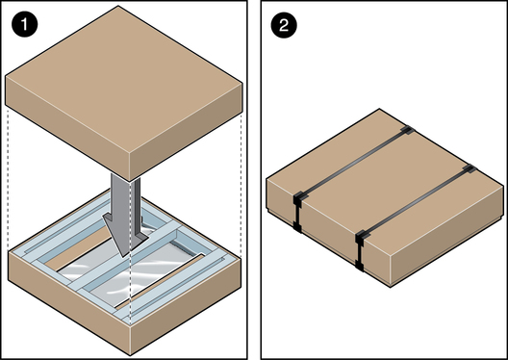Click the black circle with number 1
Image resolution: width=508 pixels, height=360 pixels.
[25, 25]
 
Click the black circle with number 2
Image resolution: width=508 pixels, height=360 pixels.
[284, 25]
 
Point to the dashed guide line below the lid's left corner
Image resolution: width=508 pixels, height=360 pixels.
[8, 179]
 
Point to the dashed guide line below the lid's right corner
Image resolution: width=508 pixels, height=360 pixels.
[241, 185]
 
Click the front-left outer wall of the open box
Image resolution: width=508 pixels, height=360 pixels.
[69, 303]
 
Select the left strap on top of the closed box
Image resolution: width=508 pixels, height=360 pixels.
[354, 163]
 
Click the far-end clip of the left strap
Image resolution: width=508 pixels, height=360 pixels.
[408, 130]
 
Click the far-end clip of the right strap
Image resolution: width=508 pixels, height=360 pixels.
[470, 168]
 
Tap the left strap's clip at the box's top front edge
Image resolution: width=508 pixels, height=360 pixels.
[298, 198]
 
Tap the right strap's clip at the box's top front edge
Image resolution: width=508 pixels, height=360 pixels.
[361, 238]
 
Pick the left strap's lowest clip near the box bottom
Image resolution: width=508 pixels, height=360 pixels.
[297, 227]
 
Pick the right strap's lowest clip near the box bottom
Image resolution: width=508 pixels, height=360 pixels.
[359, 266]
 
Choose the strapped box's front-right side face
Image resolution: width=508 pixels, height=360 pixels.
[447, 234]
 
